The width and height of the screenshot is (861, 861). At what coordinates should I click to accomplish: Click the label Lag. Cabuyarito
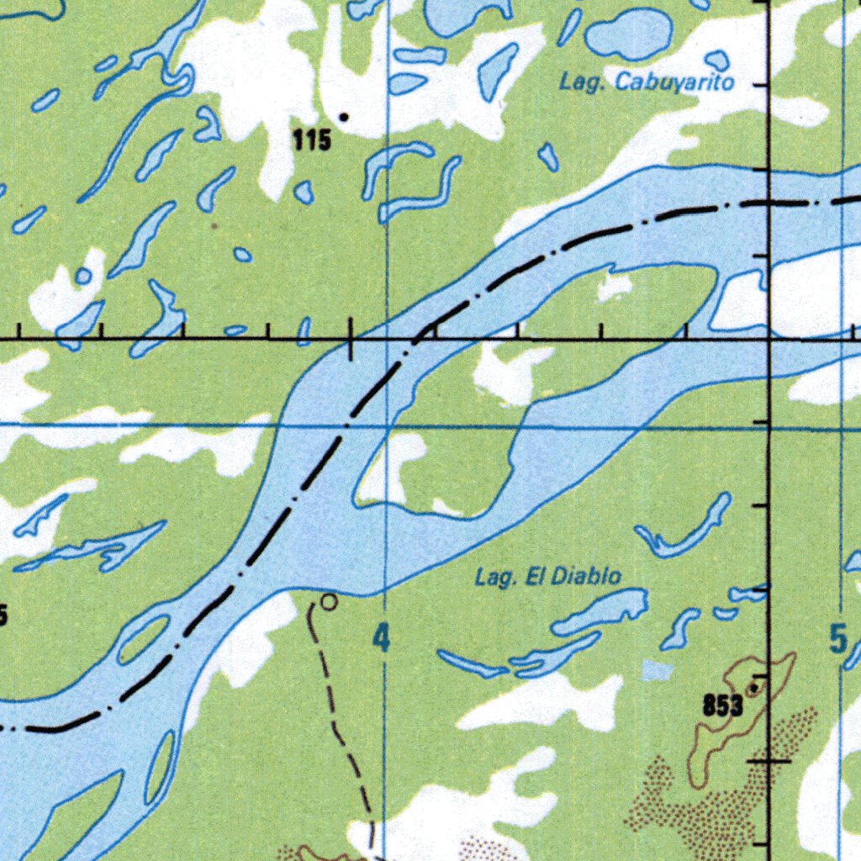[x=647, y=82]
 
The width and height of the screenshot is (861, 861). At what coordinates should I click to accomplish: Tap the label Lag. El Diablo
[x=548, y=577]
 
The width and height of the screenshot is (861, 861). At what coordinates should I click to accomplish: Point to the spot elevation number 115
[x=311, y=141]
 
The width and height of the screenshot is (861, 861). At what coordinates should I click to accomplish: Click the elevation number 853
[x=722, y=706]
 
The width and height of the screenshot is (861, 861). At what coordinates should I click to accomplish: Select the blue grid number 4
[x=382, y=639]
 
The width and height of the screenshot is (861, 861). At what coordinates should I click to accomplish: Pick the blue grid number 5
[x=837, y=640]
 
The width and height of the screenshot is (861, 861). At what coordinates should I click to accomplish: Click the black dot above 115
[x=342, y=117]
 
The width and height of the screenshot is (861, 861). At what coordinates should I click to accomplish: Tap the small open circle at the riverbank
[x=330, y=602]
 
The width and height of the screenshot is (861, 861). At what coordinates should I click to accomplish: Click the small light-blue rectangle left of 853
[x=658, y=670]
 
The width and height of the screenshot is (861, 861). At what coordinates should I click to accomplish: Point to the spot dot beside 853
[x=753, y=689]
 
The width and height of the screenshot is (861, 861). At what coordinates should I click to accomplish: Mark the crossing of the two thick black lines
[x=769, y=339]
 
